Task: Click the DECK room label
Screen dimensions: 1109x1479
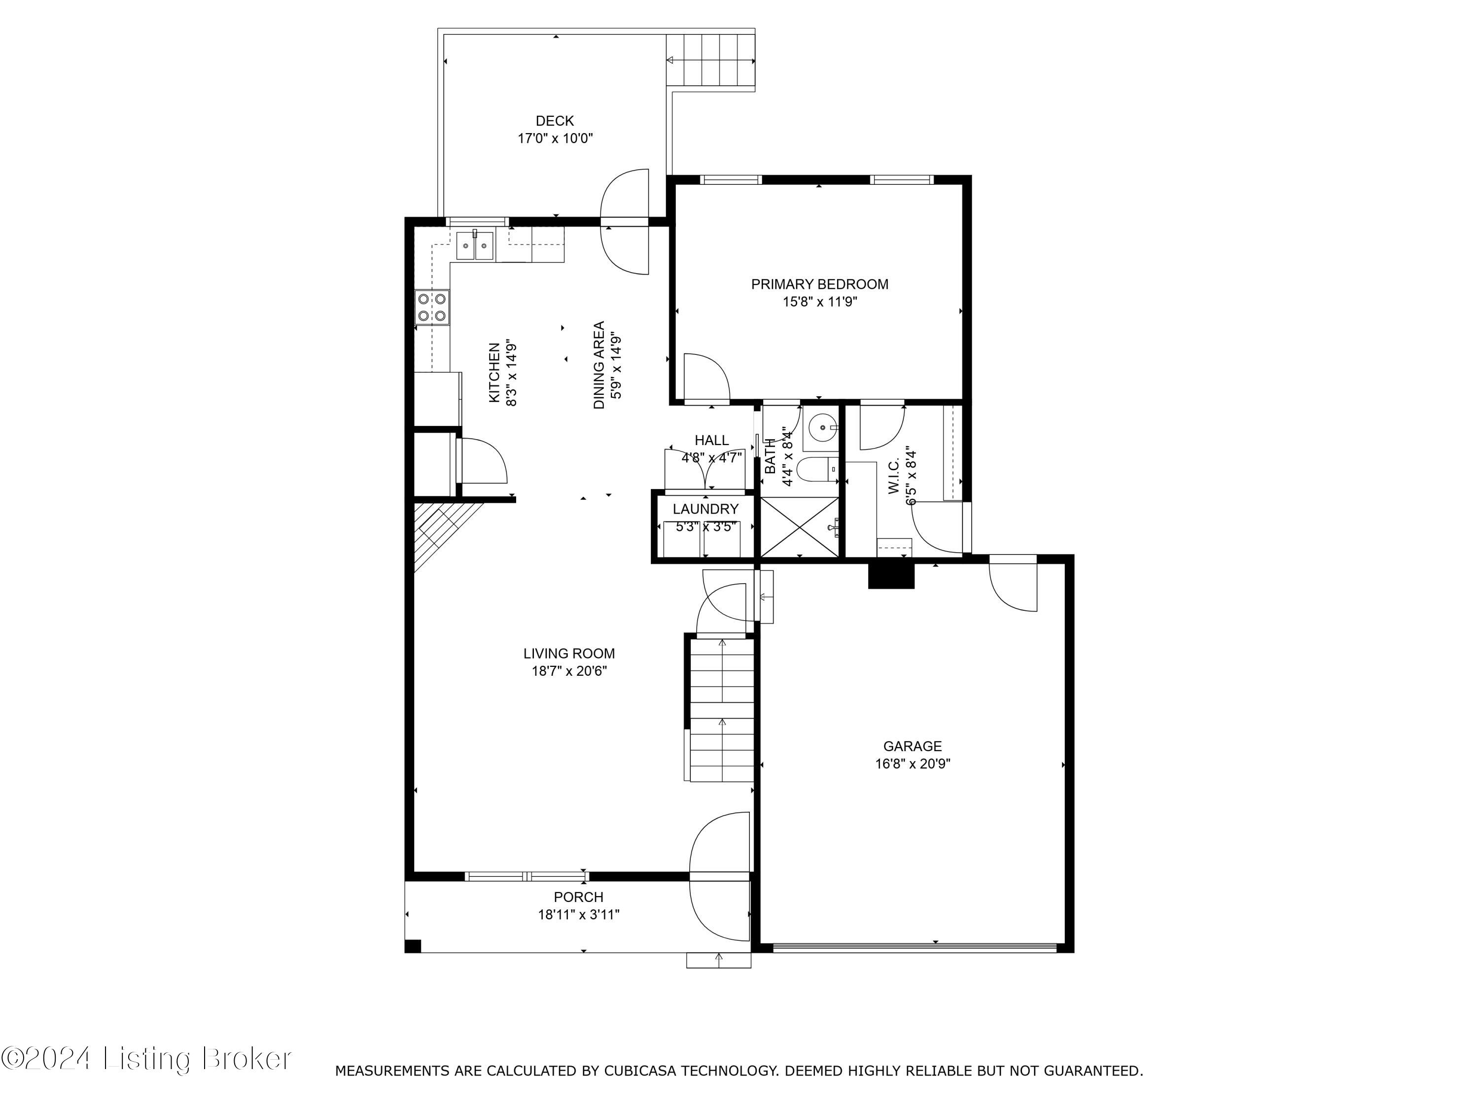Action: [554, 121]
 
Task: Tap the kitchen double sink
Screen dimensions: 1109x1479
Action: [475, 246]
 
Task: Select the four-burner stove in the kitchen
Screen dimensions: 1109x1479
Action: [432, 308]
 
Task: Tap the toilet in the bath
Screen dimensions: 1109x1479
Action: [814, 470]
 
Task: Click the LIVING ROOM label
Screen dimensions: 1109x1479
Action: [568, 654]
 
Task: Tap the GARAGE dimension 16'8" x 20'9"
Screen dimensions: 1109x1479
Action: [912, 764]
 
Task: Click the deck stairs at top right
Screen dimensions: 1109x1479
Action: [711, 60]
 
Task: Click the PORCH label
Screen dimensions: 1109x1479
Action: [578, 897]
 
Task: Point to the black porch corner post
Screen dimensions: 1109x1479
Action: [413, 946]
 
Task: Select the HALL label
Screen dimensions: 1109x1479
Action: [711, 441]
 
